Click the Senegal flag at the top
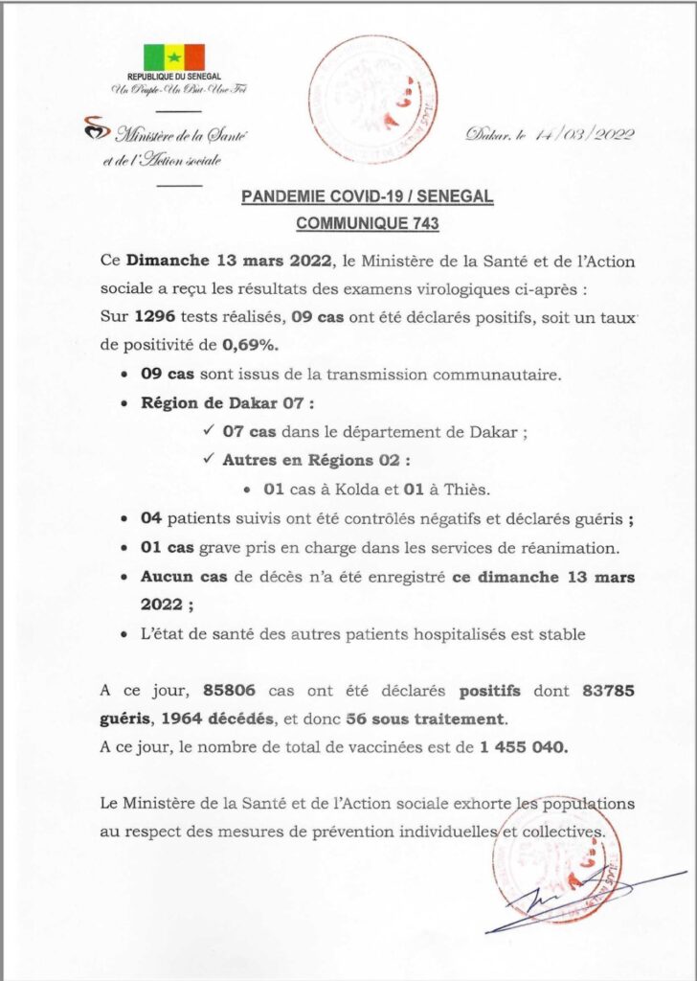point(173,57)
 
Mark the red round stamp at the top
point(373,99)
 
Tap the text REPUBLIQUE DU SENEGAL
point(173,76)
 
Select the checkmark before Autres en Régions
point(211,460)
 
